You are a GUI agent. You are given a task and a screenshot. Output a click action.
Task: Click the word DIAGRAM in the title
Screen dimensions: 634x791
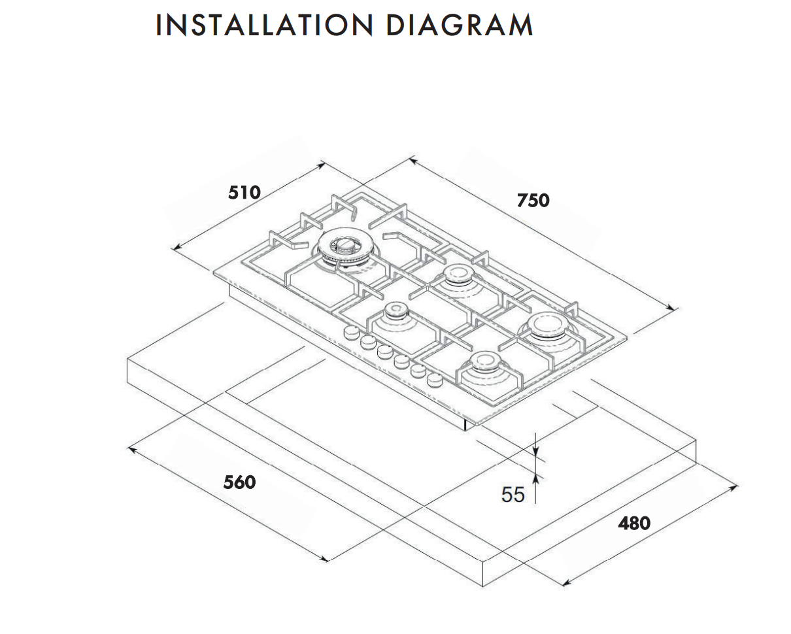[459, 25]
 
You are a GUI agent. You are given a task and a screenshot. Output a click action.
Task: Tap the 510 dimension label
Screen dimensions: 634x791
[244, 192]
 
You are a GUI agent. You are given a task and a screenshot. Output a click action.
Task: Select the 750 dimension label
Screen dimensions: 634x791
[533, 200]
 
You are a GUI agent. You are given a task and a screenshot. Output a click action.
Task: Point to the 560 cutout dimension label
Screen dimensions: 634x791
[239, 482]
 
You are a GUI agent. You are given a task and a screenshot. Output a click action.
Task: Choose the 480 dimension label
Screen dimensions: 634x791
[634, 523]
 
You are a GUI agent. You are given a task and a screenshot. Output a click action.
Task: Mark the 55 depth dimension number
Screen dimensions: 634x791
[513, 494]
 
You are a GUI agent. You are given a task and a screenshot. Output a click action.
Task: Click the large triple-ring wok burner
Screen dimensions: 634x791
[341, 248]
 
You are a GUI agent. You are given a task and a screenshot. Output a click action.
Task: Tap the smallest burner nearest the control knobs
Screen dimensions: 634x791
[395, 311]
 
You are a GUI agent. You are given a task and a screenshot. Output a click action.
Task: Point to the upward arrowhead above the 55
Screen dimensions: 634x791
[535, 479]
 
